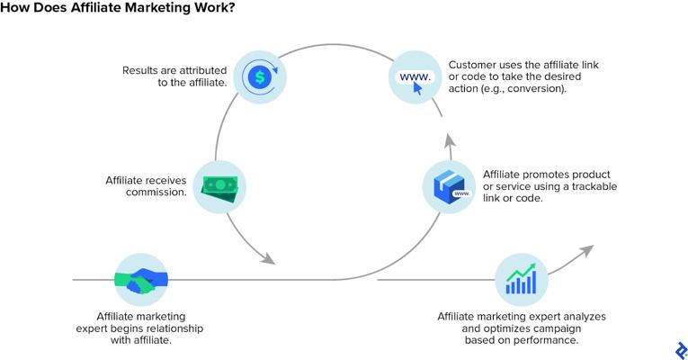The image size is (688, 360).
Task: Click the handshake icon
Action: pos(141,280)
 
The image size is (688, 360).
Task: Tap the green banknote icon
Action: pos(219,189)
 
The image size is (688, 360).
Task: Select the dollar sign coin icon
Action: pos(260,77)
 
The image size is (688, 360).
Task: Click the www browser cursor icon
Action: pos(415,80)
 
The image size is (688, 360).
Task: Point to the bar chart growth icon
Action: pos(522,279)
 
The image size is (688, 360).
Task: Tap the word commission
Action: pos(156,193)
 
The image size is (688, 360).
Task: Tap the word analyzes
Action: pos(585,317)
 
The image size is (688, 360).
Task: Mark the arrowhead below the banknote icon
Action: pos(268,258)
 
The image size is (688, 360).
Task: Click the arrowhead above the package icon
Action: pos(450,141)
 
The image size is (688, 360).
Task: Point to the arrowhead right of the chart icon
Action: pos(586,251)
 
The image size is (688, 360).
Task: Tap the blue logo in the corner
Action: pos(681,351)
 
